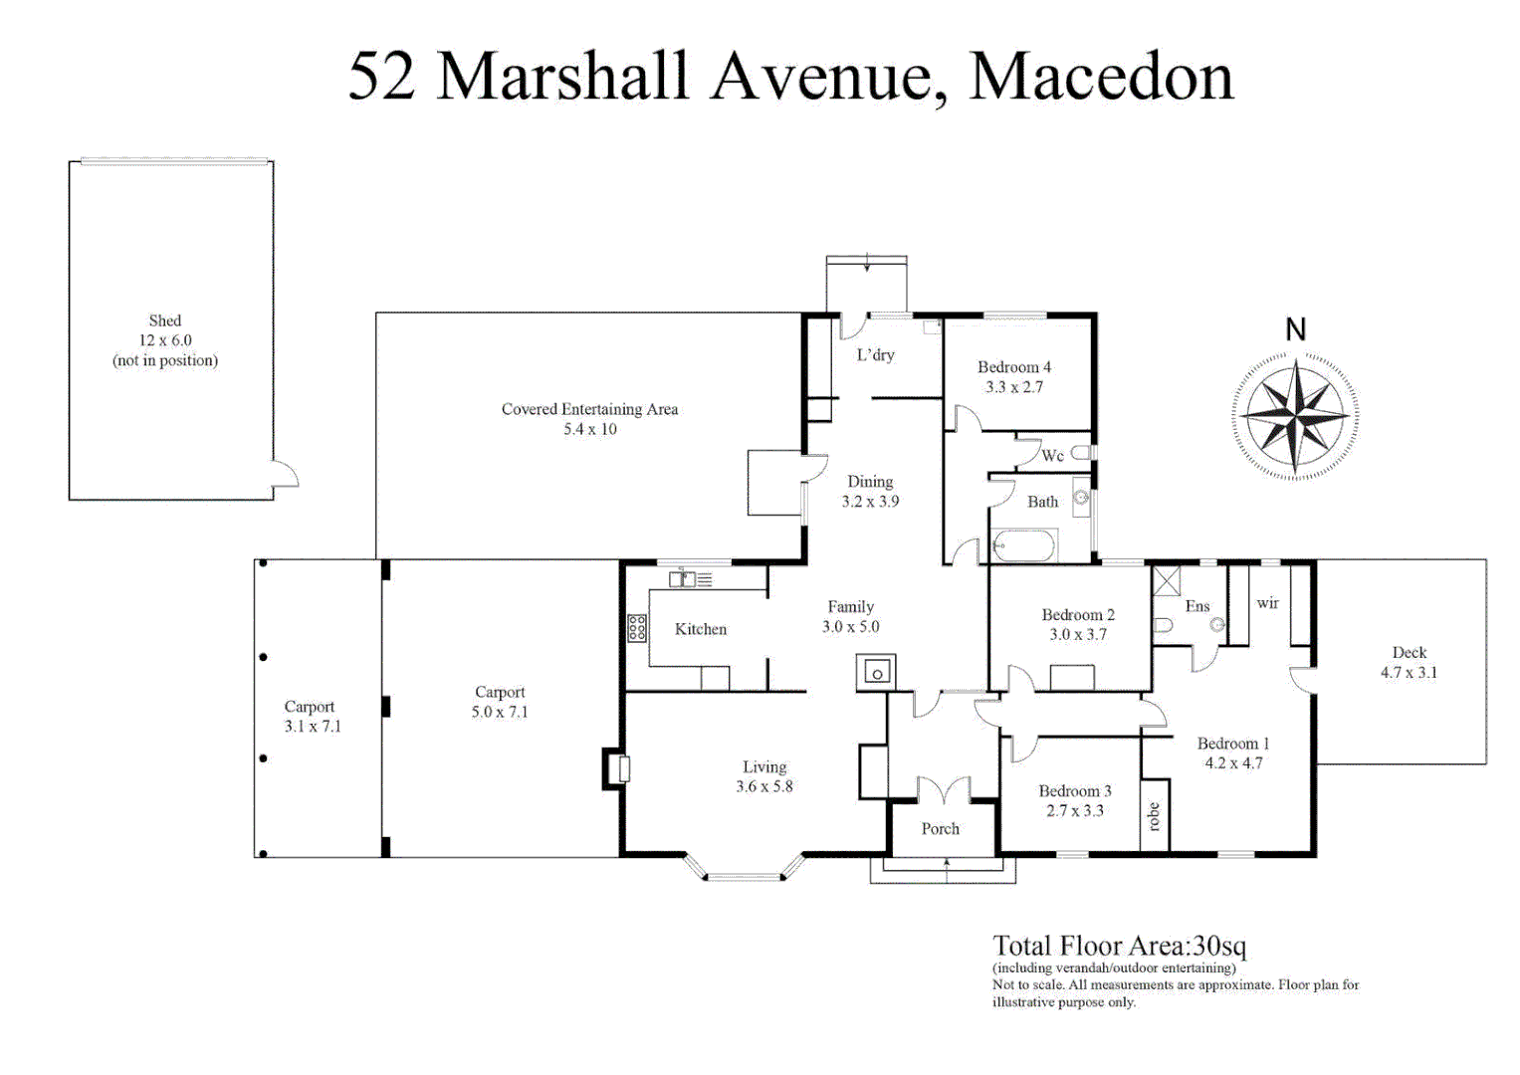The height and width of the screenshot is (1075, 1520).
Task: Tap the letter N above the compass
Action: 1295,329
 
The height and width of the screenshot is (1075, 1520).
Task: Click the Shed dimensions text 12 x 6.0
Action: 165,340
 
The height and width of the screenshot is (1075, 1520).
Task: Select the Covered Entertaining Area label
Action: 589,409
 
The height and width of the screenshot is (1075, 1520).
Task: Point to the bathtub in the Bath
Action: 1024,546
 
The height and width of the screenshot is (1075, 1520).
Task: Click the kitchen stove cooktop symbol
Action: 637,628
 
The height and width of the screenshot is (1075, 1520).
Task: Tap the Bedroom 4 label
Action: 1013,367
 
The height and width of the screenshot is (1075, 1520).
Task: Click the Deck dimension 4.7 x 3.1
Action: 1409,673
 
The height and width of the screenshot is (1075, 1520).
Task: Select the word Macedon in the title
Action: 1101,77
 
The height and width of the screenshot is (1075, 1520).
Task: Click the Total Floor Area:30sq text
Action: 1119,946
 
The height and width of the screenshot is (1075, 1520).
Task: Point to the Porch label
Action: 940,828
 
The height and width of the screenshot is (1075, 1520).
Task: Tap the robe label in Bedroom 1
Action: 1154,817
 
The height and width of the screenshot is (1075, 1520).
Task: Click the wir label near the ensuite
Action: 1267,603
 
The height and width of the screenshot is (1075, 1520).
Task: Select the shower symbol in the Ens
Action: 1166,581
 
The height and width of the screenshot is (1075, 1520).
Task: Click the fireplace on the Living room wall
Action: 615,768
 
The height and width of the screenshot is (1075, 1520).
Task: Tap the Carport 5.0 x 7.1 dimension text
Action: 500,713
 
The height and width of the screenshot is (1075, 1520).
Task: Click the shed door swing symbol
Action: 286,475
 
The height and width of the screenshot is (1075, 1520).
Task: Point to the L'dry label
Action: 875,354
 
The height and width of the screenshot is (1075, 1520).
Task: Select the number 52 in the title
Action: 381,77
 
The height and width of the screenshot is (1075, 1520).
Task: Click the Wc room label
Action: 1052,456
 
